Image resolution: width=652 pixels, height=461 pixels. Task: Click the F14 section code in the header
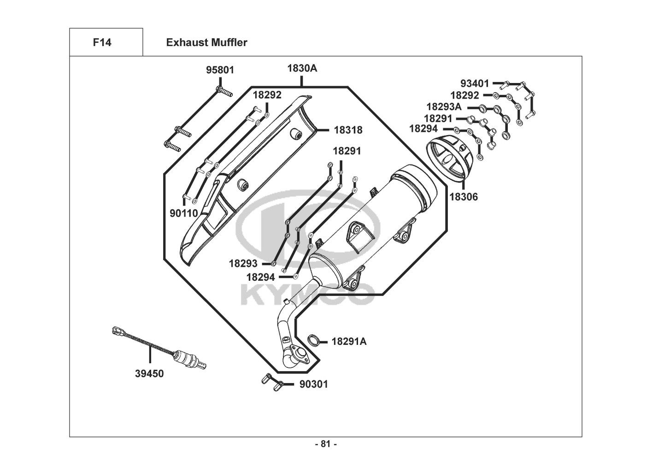tap(102, 42)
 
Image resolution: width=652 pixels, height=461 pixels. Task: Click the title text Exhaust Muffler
tap(206, 42)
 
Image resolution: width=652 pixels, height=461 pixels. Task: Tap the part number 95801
tap(220, 70)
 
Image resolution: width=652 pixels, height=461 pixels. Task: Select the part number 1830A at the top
tap(302, 68)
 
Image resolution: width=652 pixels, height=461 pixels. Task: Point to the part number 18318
tap(348, 130)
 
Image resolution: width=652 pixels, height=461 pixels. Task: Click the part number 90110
tap(183, 213)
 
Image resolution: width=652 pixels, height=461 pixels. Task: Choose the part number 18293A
tap(444, 107)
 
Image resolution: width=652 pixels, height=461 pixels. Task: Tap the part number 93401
tap(475, 83)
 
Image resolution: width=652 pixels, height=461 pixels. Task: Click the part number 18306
tap(464, 197)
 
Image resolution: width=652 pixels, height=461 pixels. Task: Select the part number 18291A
tap(349, 342)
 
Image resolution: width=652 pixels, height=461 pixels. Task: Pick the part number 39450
tap(149, 373)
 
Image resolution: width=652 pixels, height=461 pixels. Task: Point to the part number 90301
tap(314, 384)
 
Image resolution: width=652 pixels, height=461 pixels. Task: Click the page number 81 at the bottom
tap(326, 444)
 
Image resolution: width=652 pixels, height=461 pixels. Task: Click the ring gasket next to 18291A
tap(314, 341)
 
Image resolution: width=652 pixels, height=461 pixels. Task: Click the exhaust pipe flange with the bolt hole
tap(302, 355)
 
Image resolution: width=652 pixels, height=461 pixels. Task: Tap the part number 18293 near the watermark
tap(243, 264)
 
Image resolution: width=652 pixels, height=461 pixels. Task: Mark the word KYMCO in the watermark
tap(306, 296)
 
